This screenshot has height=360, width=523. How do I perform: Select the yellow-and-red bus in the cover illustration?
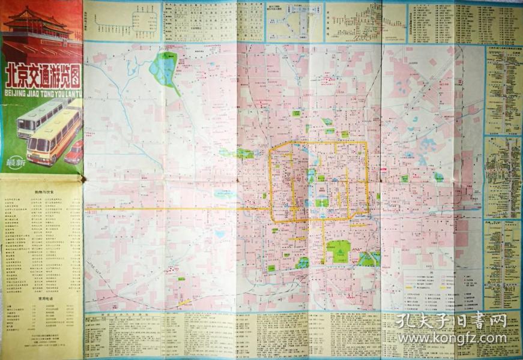(x=53, y=137)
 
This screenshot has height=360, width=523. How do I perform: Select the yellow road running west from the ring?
(x=180, y=209)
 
